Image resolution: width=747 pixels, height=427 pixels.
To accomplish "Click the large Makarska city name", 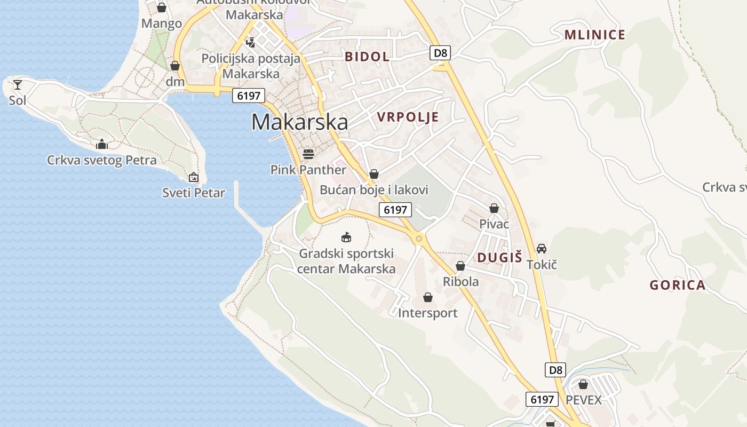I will (299, 122).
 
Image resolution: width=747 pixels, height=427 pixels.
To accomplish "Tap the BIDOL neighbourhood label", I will (367, 57).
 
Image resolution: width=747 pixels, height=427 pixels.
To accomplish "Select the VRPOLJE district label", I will (408, 117).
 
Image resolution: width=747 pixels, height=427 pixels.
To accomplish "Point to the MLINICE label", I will (594, 35).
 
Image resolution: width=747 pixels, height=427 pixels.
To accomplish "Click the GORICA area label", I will (677, 285).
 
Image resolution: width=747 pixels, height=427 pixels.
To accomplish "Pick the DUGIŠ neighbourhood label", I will (499, 257).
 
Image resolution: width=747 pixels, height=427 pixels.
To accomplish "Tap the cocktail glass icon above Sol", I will (18, 85).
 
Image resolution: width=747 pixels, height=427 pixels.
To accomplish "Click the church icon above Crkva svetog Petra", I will (102, 144).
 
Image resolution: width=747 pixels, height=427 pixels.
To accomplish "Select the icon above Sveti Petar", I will (194, 177).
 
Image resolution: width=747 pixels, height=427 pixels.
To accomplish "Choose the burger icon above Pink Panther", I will (308, 154).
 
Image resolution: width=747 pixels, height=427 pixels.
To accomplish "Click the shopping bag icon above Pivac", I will (494, 208).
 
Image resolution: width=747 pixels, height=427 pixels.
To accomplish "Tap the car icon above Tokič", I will (542, 249).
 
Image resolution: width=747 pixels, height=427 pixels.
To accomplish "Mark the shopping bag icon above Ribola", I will (460, 266).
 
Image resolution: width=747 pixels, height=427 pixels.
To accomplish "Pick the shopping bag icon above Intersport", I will (427, 297).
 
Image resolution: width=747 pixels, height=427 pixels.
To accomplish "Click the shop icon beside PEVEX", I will (583, 384).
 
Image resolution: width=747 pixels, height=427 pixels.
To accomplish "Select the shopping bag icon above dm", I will (174, 66).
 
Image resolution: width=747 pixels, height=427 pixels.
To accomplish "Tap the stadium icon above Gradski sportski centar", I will (346, 237).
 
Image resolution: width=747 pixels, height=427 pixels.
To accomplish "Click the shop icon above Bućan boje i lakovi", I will (374, 174).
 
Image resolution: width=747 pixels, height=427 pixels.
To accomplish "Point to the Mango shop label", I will (161, 23).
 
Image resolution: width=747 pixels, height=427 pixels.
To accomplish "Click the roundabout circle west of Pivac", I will (419, 239).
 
